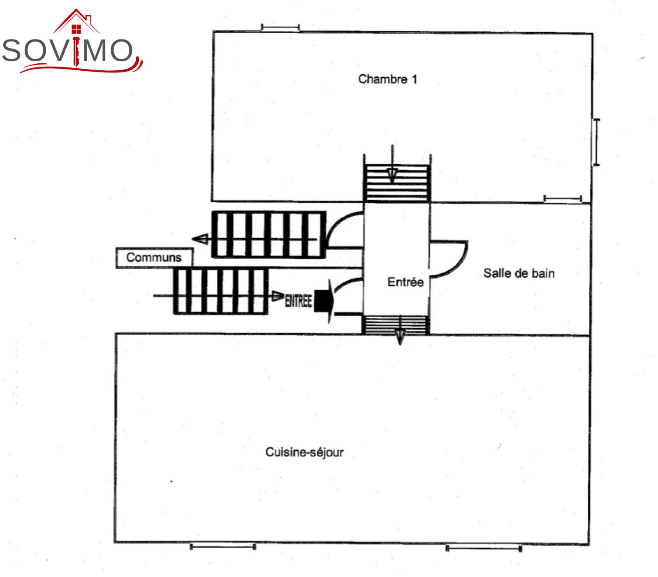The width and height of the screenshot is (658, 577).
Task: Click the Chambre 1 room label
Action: tap(387, 79)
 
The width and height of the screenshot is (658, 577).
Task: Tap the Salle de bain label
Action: tap(519, 273)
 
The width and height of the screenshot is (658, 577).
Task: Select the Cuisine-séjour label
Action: tap(304, 452)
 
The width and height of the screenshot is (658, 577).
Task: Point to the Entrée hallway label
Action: tap(405, 282)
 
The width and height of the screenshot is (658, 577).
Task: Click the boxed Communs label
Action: tap(154, 257)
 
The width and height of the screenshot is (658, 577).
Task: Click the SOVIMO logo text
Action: tap(68, 51)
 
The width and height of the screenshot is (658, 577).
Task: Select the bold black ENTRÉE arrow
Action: tap(324, 301)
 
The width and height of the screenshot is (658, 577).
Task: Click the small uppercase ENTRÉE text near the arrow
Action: tap(299, 301)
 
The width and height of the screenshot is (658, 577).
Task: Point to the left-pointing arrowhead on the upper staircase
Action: tap(200, 239)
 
